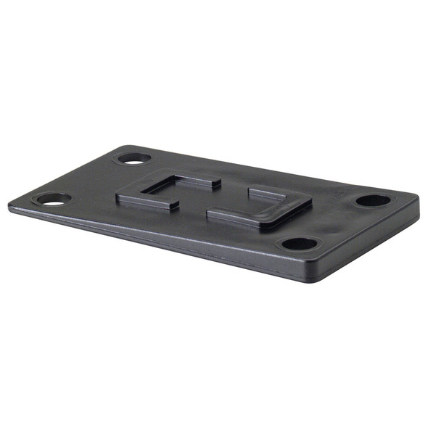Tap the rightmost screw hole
point(374,200)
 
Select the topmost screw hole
point(133,157)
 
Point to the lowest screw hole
point(298,244)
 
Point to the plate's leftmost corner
point(10,205)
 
